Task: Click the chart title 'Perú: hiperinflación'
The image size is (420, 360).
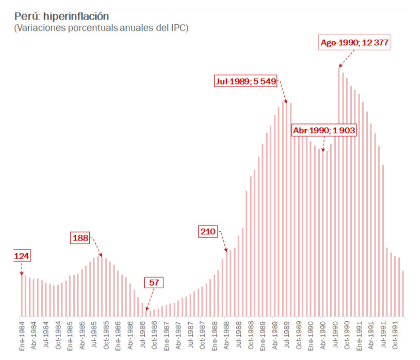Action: click(61, 17)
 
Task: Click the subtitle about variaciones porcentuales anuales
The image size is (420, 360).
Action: click(101, 28)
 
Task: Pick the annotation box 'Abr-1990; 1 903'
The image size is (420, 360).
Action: click(324, 131)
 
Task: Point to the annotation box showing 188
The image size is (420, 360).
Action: click(81, 238)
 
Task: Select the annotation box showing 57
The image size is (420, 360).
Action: click(153, 283)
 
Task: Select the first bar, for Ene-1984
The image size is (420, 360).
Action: click(22, 295)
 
